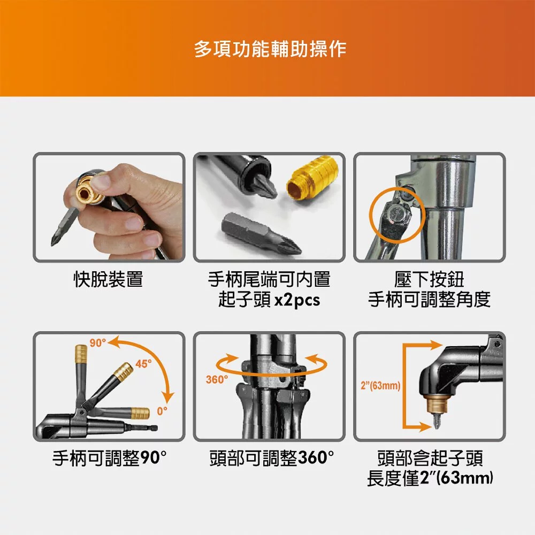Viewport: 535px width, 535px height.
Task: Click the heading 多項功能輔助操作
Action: pos(270,49)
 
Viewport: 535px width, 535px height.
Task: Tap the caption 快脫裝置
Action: pos(109,279)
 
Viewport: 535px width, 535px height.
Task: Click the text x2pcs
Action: pos(297,300)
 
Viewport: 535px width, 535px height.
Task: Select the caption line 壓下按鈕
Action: pos(429,279)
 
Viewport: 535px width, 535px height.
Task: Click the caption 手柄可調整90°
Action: pos(110,458)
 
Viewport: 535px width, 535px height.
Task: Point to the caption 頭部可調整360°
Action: pos(272,458)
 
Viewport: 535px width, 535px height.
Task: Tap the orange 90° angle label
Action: pos(98,343)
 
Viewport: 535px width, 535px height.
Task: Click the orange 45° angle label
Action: pos(143,364)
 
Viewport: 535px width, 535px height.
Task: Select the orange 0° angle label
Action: pos(163,411)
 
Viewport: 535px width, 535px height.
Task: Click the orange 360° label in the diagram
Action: pos(217,379)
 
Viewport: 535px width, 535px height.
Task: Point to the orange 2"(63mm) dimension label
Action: pos(380,386)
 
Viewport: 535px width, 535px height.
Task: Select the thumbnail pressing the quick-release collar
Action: pos(109,208)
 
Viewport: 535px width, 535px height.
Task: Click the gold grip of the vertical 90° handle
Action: pos(81,354)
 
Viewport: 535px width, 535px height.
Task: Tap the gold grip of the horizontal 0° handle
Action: pos(140,413)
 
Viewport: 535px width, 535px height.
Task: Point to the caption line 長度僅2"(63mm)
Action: pos(430,478)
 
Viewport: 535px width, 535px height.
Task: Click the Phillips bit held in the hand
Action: pos(65,226)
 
